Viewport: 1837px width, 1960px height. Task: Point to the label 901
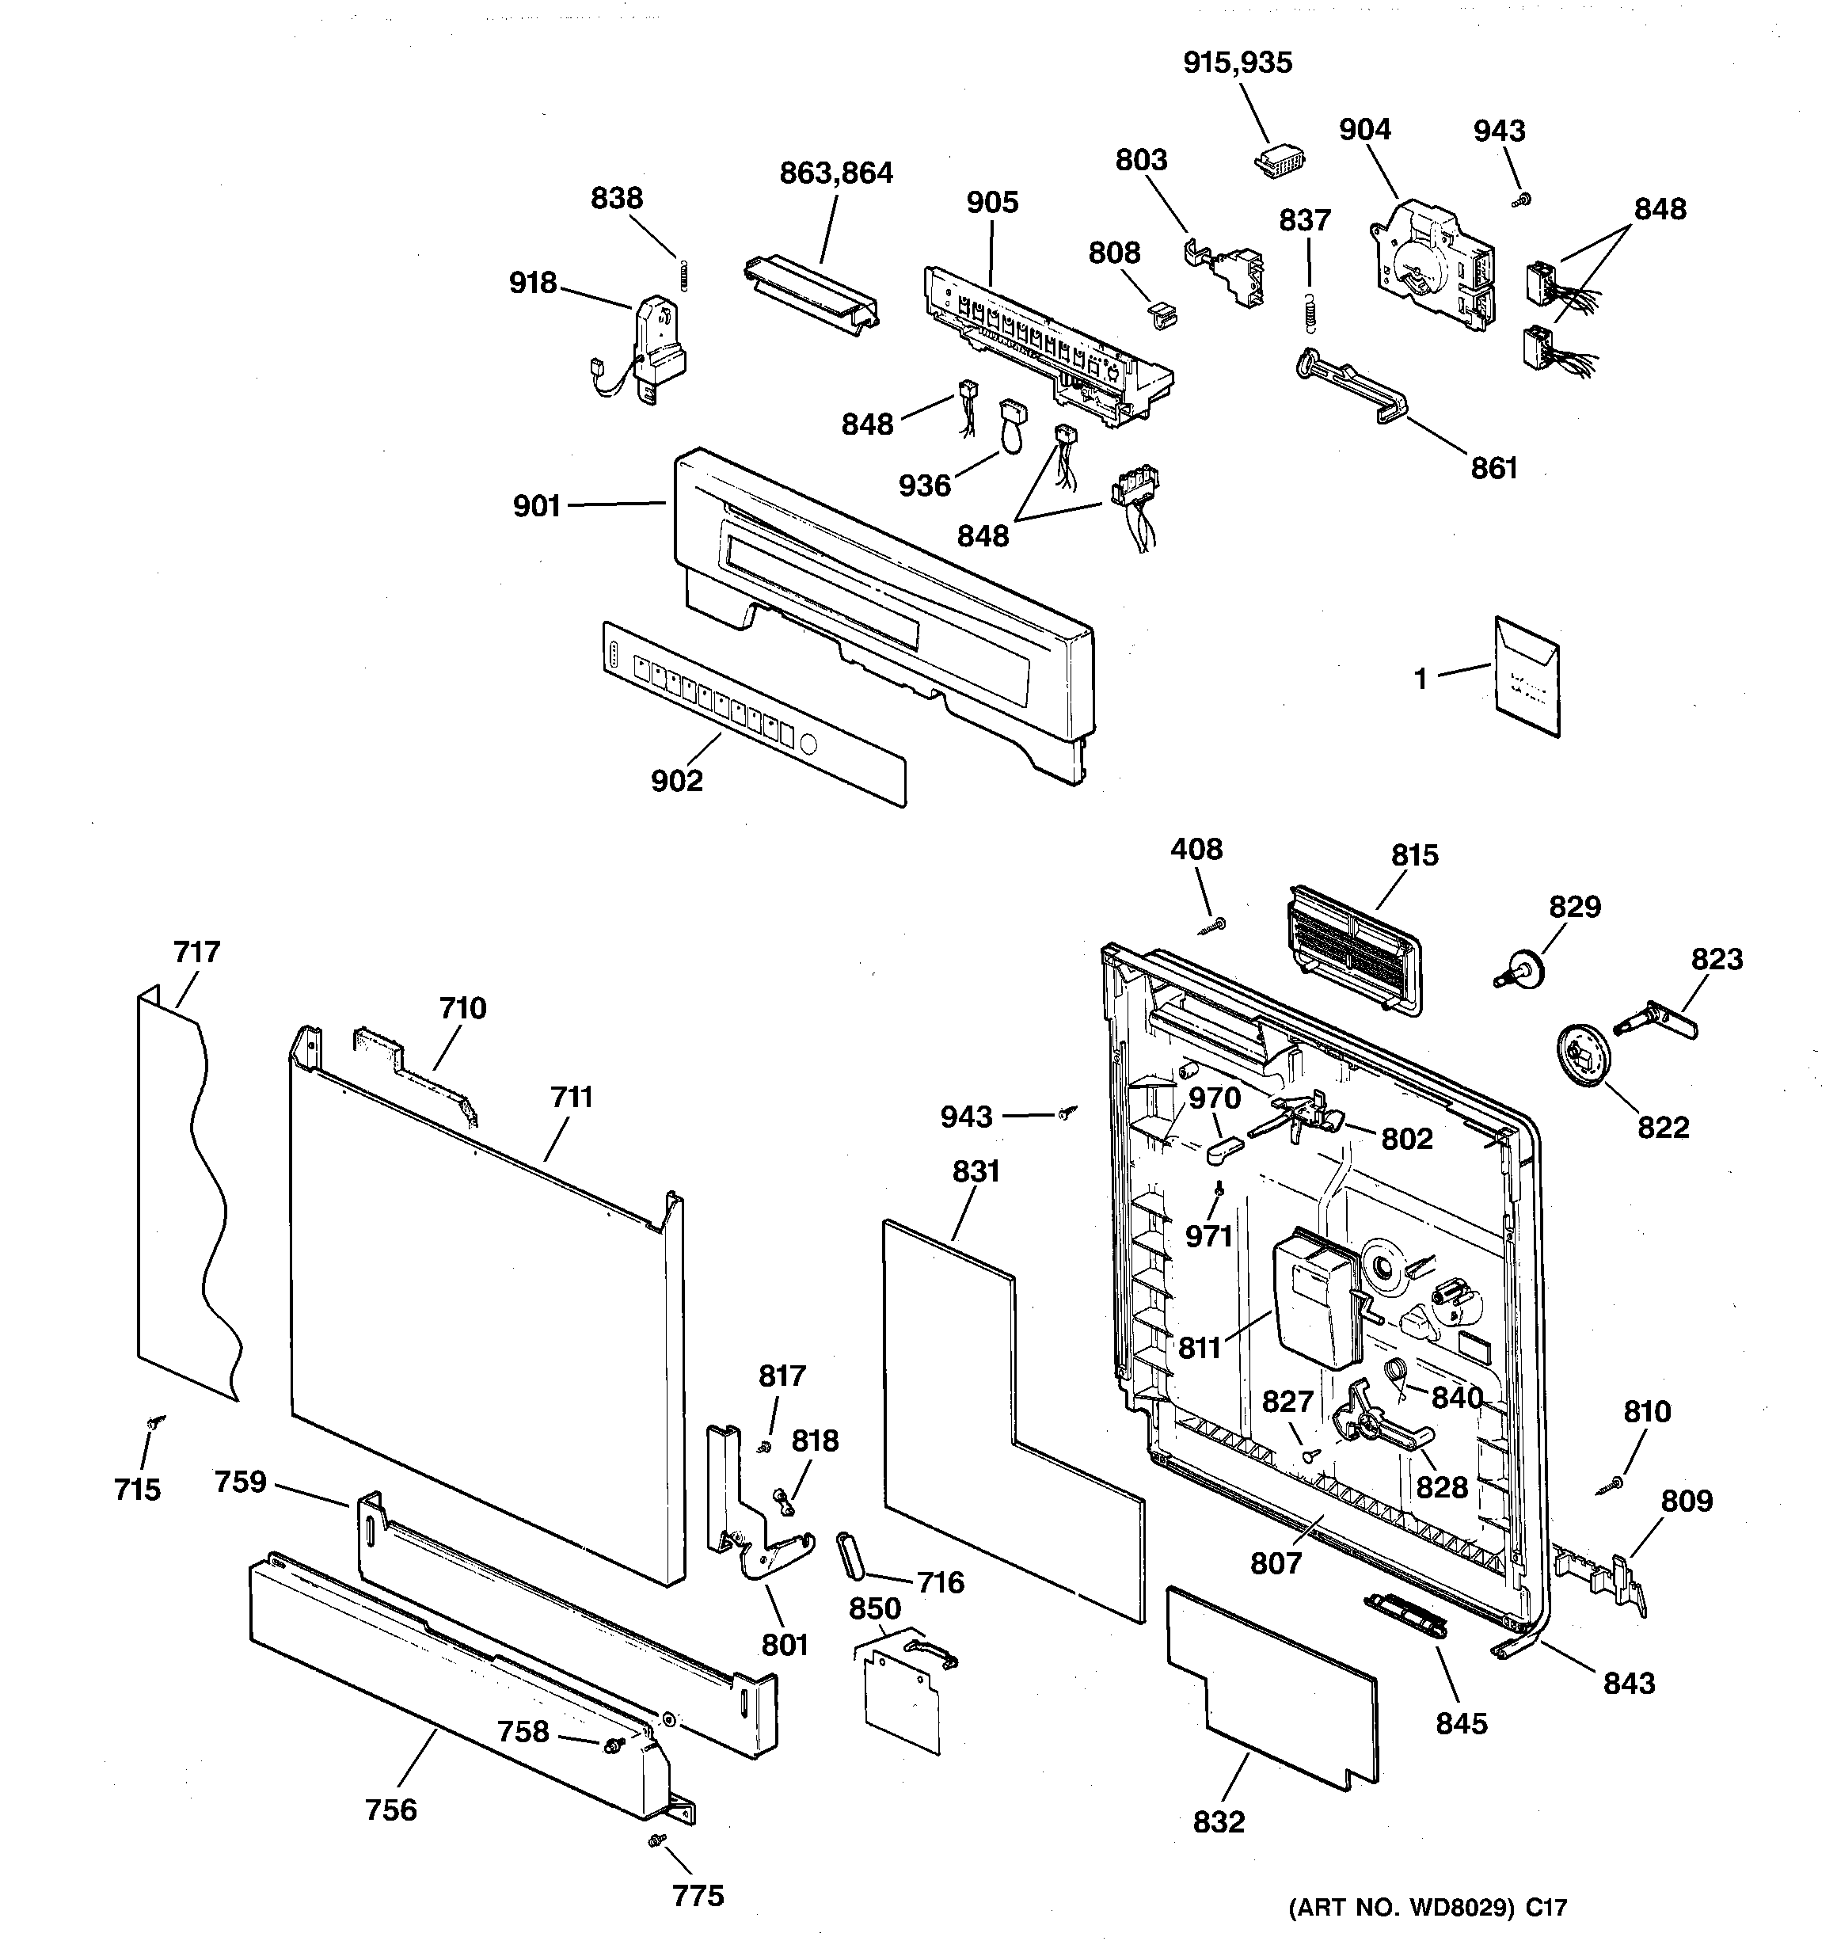click(x=536, y=506)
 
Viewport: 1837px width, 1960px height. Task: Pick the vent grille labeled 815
click(x=1356, y=946)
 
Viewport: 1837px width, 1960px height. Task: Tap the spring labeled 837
click(x=1310, y=313)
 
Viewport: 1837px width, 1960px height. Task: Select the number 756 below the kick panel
click(x=390, y=1810)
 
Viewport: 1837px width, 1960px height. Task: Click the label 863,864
click(x=836, y=173)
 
